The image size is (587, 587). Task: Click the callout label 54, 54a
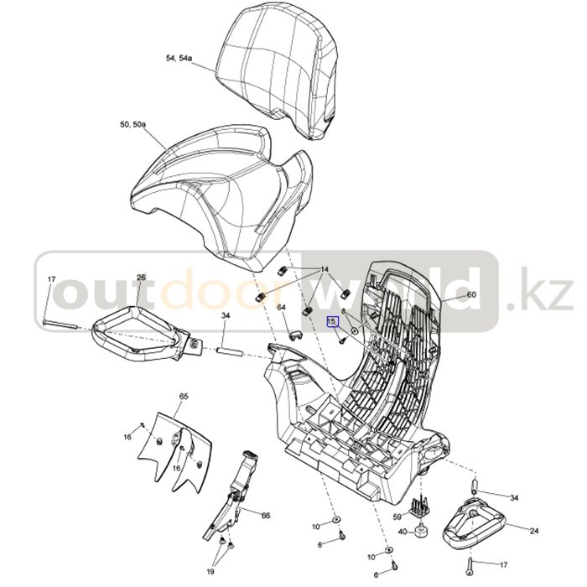click(x=178, y=58)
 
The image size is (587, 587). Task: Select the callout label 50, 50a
click(x=132, y=124)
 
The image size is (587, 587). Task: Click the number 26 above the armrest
click(x=141, y=278)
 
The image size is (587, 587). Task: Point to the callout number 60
click(x=471, y=294)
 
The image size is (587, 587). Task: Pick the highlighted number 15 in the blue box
click(x=332, y=321)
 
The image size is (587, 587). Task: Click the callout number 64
click(x=281, y=307)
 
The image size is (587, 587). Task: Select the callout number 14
click(x=325, y=269)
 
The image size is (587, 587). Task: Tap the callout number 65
click(x=184, y=397)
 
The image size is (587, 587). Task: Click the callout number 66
click(x=266, y=516)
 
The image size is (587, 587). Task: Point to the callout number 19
click(x=210, y=571)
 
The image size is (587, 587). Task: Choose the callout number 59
click(x=397, y=517)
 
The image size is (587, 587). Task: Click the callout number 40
click(x=402, y=532)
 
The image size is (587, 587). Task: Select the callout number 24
click(x=534, y=531)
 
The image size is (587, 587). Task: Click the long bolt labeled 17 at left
click(x=60, y=325)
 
